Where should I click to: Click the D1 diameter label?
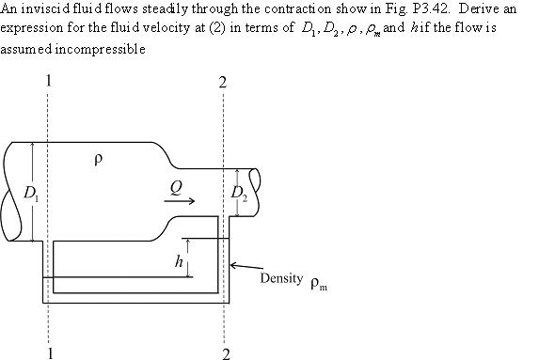(31, 195)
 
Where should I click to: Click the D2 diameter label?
(240, 195)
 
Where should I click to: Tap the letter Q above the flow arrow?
(176, 187)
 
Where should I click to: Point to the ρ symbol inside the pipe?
(97, 160)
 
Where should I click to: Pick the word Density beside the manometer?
(281, 279)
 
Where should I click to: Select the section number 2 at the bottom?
(226, 353)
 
